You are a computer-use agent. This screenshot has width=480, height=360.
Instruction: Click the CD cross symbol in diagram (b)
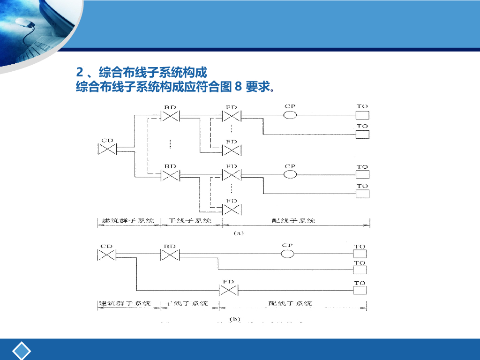107,255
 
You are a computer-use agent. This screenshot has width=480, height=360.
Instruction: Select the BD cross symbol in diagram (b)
170,255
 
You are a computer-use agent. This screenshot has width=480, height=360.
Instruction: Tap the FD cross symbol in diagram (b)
229,290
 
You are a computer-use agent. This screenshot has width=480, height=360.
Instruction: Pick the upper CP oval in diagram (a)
290,115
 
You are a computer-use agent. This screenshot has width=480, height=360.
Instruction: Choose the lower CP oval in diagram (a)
290,174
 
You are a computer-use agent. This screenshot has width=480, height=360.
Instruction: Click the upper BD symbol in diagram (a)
170,115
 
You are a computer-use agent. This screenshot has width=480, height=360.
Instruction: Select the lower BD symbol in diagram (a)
170,175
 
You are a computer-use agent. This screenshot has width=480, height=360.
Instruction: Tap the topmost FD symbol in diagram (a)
231,115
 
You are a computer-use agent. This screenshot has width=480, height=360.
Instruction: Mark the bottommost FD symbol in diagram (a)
232,209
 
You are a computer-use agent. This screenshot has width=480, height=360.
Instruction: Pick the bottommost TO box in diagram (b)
360,291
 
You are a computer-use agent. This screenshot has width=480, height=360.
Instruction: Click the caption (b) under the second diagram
234,319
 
